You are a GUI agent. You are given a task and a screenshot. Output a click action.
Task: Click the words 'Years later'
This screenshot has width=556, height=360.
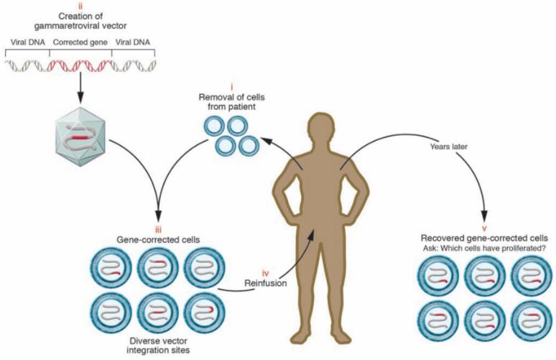(x=451, y=146)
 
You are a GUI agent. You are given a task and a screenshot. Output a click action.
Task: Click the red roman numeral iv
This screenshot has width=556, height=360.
(x=265, y=272)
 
